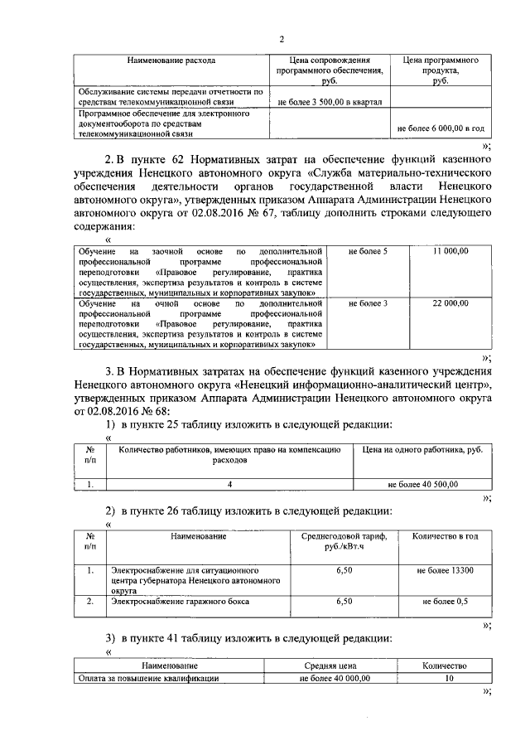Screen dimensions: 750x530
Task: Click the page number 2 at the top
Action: pyautogui.click(x=281, y=39)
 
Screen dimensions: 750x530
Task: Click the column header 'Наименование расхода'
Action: pyautogui.click(x=171, y=60)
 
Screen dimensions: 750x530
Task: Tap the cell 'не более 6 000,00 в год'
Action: pyautogui.click(x=441, y=129)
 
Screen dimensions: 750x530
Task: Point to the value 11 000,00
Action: pyautogui.click(x=450, y=250)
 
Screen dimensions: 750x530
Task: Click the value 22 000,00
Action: pyautogui.click(x=450, y=303)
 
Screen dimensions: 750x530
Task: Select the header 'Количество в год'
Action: pyautogui.click(x=445, y=536)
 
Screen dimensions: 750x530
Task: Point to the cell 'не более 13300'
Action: pyautogui.click(x=445, y=571)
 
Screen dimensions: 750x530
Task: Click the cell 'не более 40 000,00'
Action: pyautogui.click(x=335, y=677)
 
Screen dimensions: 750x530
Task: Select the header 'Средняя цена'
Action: pyautogui.click(x=335, y=665)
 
